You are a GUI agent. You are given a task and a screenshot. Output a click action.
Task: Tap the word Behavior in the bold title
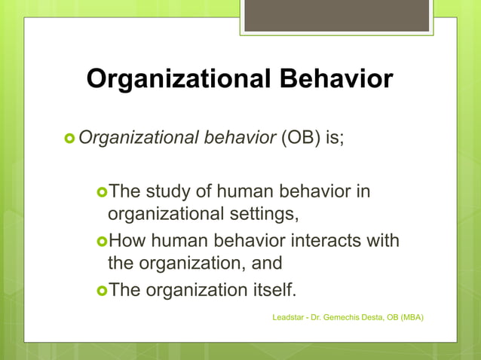point(335,79)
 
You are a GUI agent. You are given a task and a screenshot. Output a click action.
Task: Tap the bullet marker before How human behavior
point(103,241)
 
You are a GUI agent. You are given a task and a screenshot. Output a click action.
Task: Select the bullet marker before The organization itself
point(103,290)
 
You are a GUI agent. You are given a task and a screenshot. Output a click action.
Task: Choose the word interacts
point(321,241)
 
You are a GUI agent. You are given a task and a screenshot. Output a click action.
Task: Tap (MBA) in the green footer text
point(412,318)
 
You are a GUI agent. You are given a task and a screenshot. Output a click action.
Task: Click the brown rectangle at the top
point(336,15)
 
